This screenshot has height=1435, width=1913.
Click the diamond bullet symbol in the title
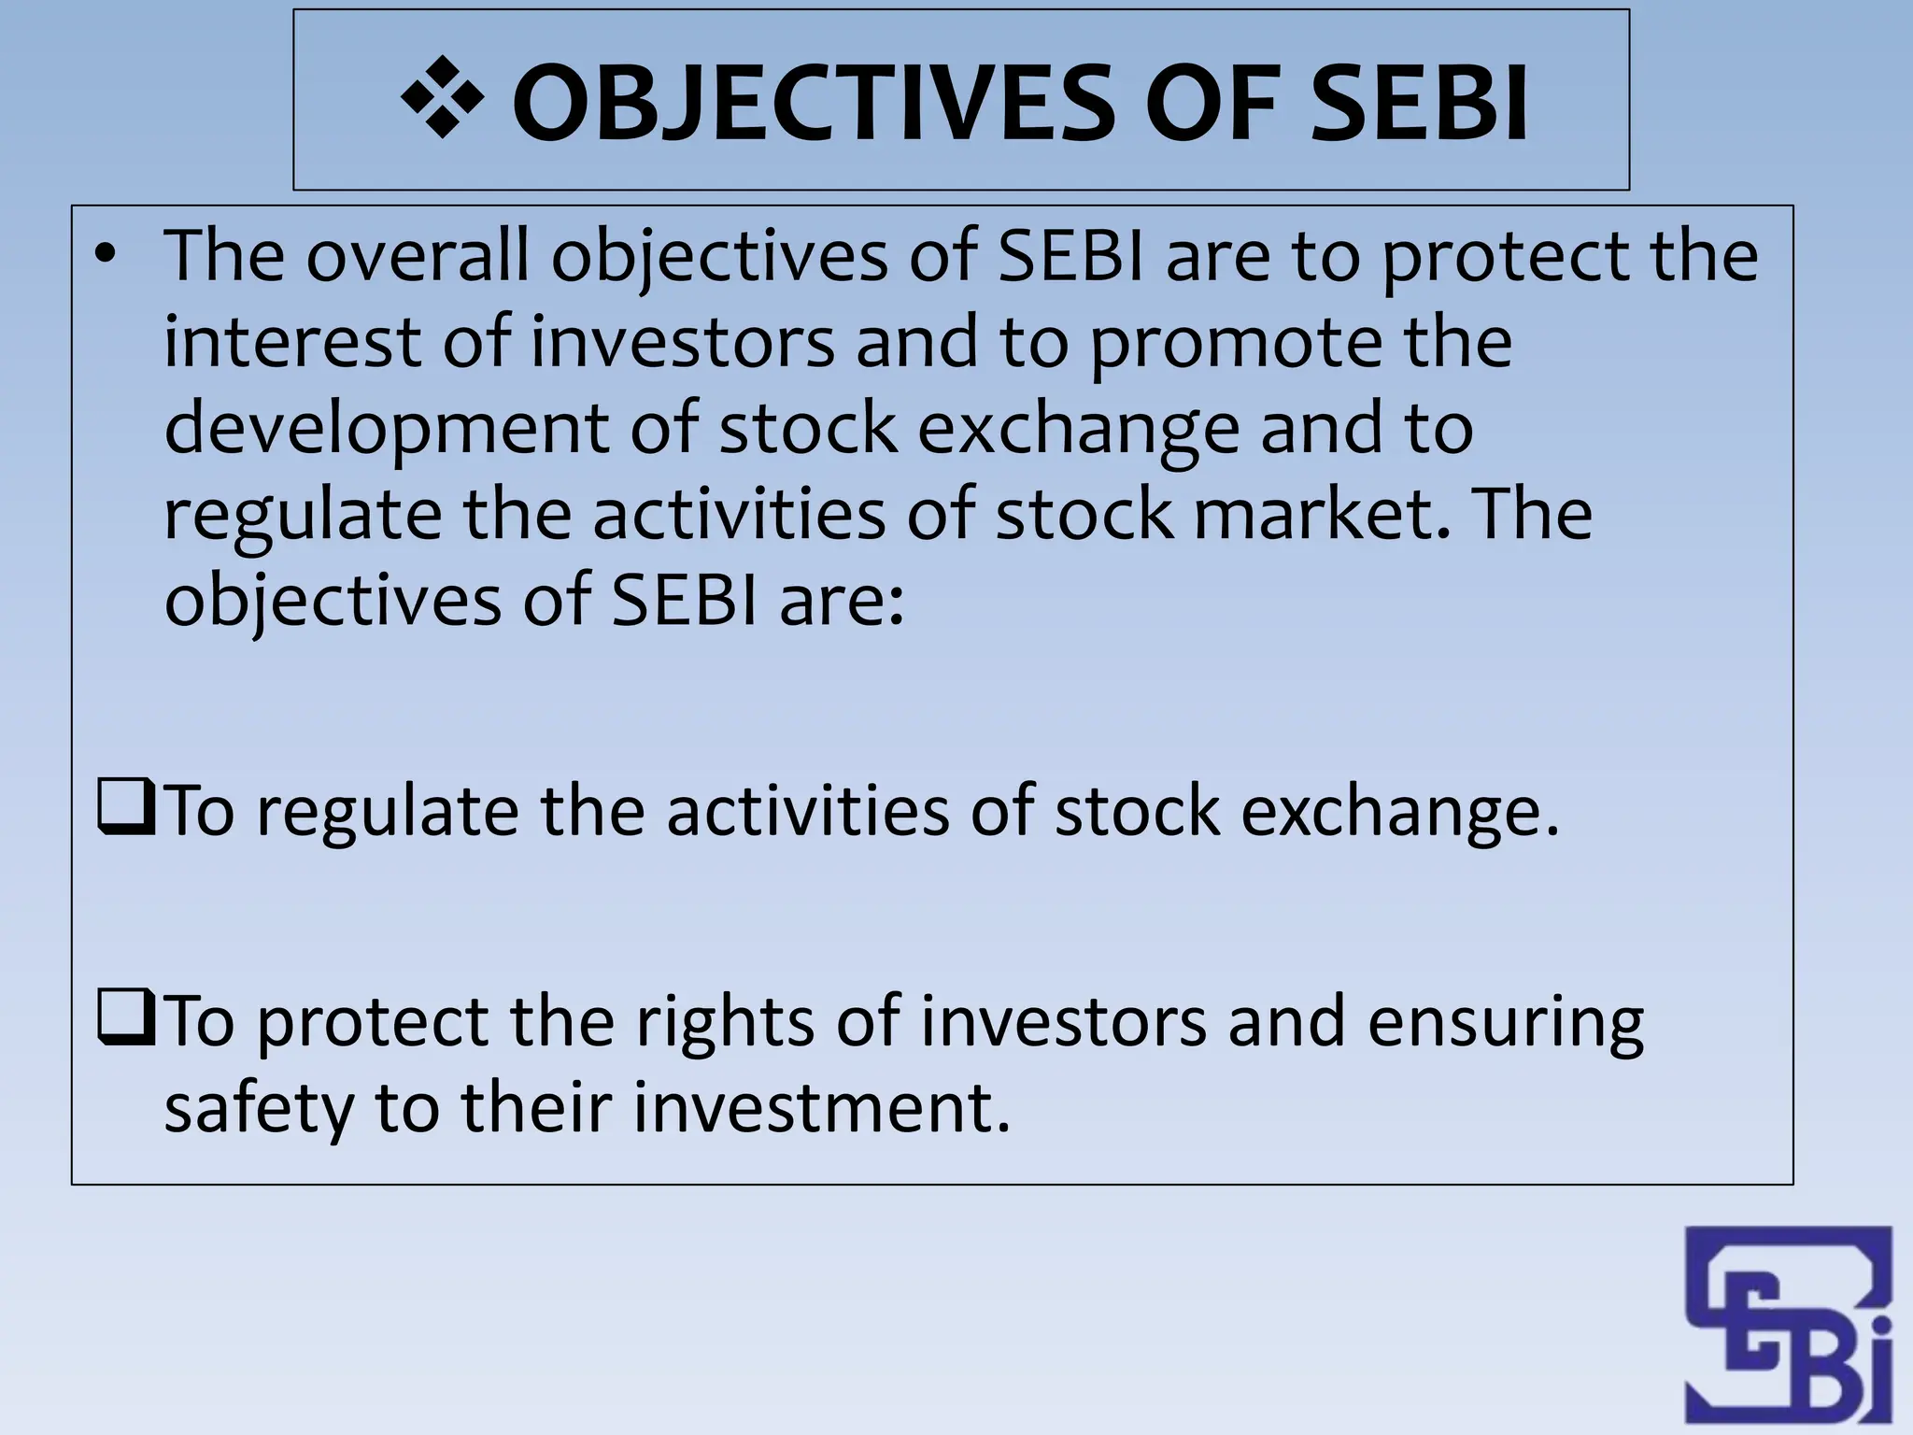[x=442, y=97]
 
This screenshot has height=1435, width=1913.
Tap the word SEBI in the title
[x=1419, y=103]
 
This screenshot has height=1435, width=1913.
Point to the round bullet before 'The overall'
[x=108, y=254]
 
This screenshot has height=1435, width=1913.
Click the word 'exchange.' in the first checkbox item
[x=1400, y=811]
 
